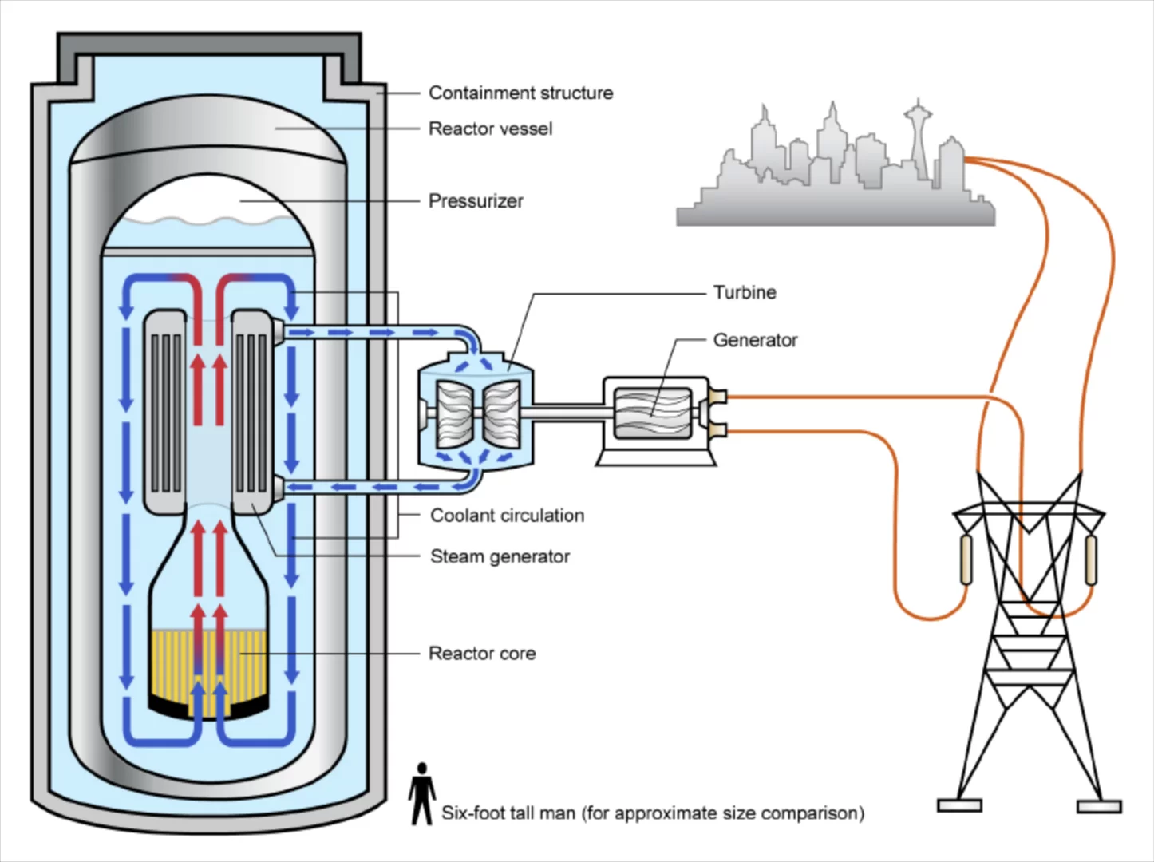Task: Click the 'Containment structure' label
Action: coord(521,93)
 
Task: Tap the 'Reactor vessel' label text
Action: coord(491,129)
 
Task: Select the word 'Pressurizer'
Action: coord(476,201)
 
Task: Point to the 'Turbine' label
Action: coord(745,292)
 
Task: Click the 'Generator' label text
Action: coord(755,341)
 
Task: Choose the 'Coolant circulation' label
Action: coord(508,516)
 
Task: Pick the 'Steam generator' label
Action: coord(500,556)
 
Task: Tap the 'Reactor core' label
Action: coord(482,654)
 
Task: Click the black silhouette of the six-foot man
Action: coord(421,793)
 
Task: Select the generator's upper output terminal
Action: coord(717,396)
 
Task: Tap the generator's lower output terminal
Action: coord(717,431)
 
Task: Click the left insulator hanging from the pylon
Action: coord(966,560)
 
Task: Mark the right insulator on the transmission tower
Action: coord(1091,560)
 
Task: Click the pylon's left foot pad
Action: coord(959,806)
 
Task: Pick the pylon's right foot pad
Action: coord(1099,807)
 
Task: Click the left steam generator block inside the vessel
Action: coord(165,412)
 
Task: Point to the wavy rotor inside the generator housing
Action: coord(653,413)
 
